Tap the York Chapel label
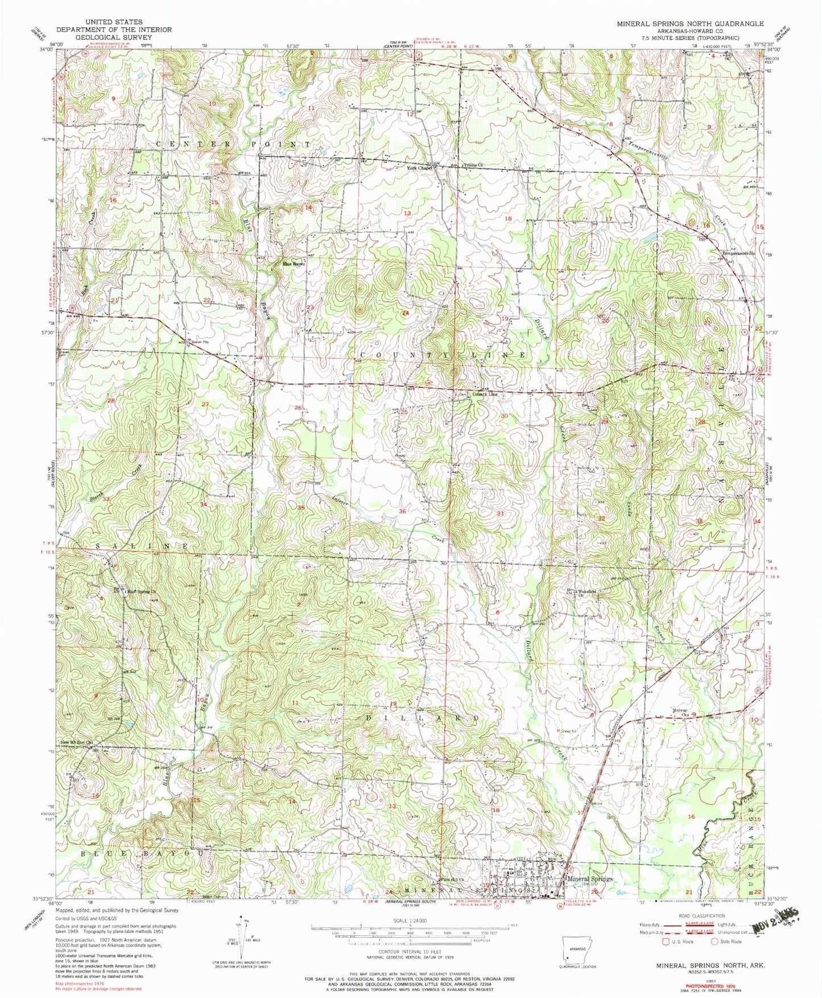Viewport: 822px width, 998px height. (419, 168)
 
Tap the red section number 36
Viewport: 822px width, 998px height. (402, 512)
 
